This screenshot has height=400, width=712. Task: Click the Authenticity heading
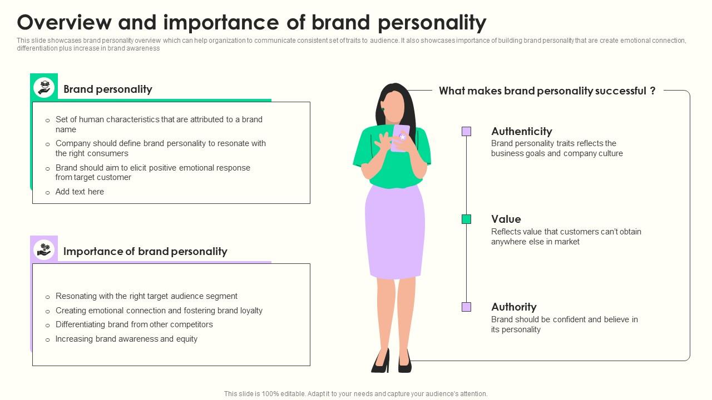(x=521, y=132)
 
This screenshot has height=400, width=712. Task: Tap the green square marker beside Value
(x=466, y=219)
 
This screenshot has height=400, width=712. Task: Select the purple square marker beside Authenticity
(x=466, y=132)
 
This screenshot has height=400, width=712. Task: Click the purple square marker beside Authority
(x=466, y=307)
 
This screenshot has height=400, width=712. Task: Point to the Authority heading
(x=513, y=307)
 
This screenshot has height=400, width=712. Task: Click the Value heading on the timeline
(x=506, y=219)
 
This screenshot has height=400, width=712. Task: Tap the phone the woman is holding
(x=400, y=137)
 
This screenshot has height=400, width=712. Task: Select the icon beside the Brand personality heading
(x=44, y=88)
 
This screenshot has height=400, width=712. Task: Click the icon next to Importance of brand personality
(x=44, y=249)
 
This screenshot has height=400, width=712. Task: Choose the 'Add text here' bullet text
(x=80, y=192)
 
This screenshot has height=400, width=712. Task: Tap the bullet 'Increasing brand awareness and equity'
(x=126, y=339)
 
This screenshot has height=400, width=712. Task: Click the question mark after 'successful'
(x=652, y=91)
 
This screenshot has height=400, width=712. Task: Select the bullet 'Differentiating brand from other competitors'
(x=134, y=324)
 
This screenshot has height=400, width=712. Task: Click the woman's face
(x=394, y=107)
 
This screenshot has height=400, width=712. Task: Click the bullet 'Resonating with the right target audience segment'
(x=146, y=296)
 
